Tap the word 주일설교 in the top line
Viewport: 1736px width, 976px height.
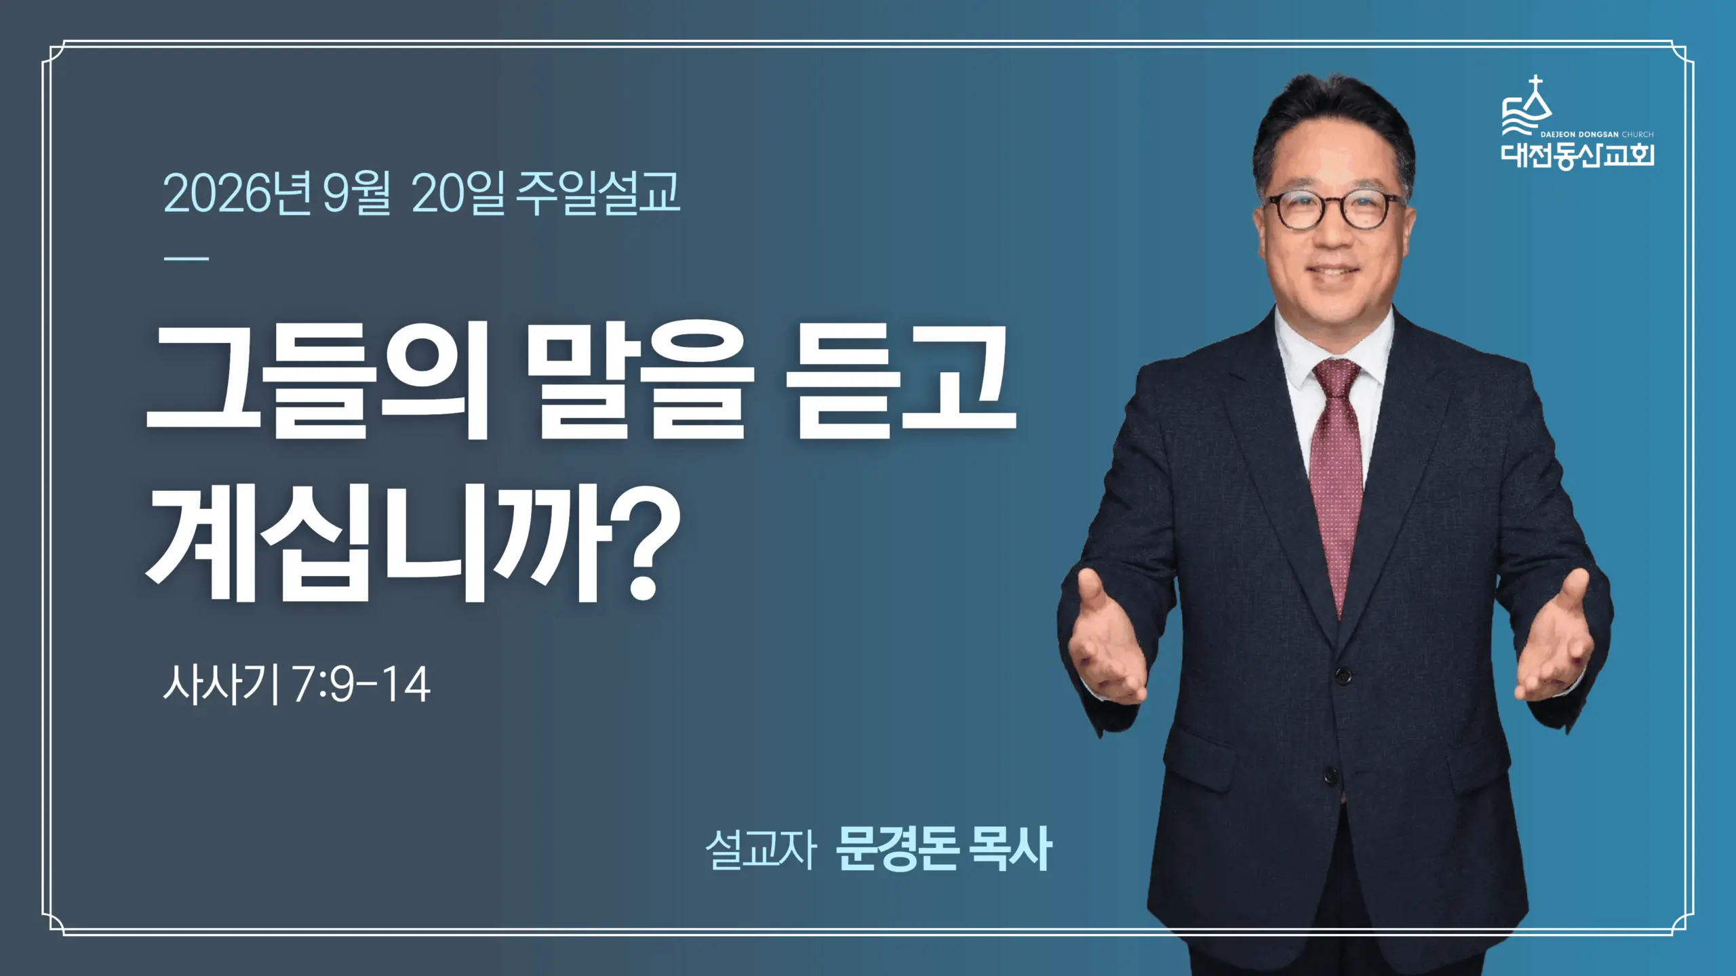[597, 193]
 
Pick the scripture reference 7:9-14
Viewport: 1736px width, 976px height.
[361, 685]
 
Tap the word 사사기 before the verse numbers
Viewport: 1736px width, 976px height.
[220, 685]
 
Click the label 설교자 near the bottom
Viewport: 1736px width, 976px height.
[760, 849]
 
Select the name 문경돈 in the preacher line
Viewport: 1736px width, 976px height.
[896, 849]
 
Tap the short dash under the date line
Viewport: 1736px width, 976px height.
[186, 258]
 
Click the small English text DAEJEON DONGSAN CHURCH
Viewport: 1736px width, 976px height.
[1597, 134]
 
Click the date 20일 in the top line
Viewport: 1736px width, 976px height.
[458, 193]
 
